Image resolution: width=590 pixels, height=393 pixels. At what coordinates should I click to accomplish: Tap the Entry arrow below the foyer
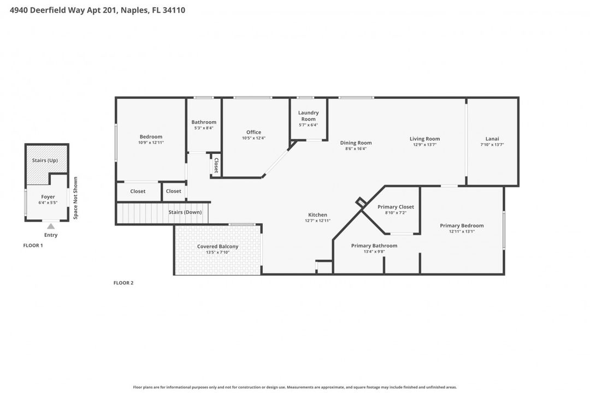tap(51, 226)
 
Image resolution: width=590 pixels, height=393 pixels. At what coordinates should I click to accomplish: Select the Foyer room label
tap(48, 196)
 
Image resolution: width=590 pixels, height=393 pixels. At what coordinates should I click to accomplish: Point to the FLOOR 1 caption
tap(33, 246)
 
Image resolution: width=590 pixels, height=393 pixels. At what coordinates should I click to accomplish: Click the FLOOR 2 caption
tap(123, 283)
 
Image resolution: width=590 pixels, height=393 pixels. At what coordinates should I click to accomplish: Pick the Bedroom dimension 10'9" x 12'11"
tap(151, 142)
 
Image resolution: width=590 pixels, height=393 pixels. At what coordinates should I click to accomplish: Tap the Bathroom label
tap(204, 122)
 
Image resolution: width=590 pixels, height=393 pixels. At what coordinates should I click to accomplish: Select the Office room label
tap(253, 132)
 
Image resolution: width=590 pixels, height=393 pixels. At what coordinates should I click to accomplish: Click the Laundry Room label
tap(308, 116)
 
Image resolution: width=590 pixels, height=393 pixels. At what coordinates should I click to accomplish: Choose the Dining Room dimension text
tap(356, 148)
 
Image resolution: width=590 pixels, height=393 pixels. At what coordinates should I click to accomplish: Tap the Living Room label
tap(424, 139)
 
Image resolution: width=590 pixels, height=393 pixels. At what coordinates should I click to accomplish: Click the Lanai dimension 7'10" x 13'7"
tap(492, 145)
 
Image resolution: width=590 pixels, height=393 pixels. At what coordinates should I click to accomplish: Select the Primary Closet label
tap(396, 207)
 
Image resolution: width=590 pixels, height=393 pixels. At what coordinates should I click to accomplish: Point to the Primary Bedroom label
tap(462, 225)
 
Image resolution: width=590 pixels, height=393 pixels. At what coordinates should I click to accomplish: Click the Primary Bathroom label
tap(374, 246)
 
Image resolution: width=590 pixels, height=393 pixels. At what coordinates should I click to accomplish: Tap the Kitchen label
tap(317, 215)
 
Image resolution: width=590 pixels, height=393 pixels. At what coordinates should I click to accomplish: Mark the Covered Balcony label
tap(217, 247)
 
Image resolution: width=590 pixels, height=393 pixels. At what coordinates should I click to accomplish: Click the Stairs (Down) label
tap(185, 212)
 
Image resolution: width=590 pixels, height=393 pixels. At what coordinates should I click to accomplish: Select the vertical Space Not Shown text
tap(75, 198)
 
